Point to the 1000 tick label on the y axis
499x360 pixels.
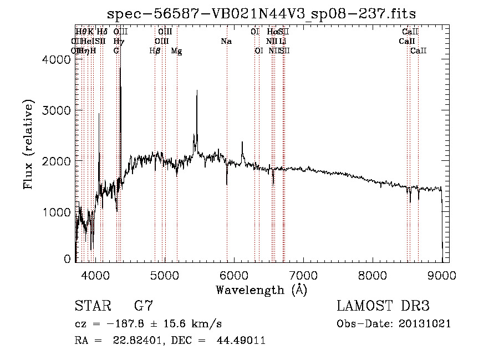(x=57, y=212)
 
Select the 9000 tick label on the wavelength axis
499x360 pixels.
(x=442, y=274)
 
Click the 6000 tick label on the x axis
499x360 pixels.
(x=233, y=274)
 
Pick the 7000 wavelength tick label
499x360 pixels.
(x=303, y=274)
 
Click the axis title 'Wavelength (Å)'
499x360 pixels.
(x=261, y=290)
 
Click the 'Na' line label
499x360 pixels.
(x=226, y=42)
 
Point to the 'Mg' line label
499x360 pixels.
(x=176, y=51)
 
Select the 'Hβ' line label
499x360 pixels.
(x=155, y=51)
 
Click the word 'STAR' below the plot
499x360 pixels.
(x=92, y=306)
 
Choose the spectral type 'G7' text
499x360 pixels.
(x=144, y=306)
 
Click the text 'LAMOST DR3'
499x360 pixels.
(x=383, y=306)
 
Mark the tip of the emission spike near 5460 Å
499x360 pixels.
(x=197, y=90)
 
